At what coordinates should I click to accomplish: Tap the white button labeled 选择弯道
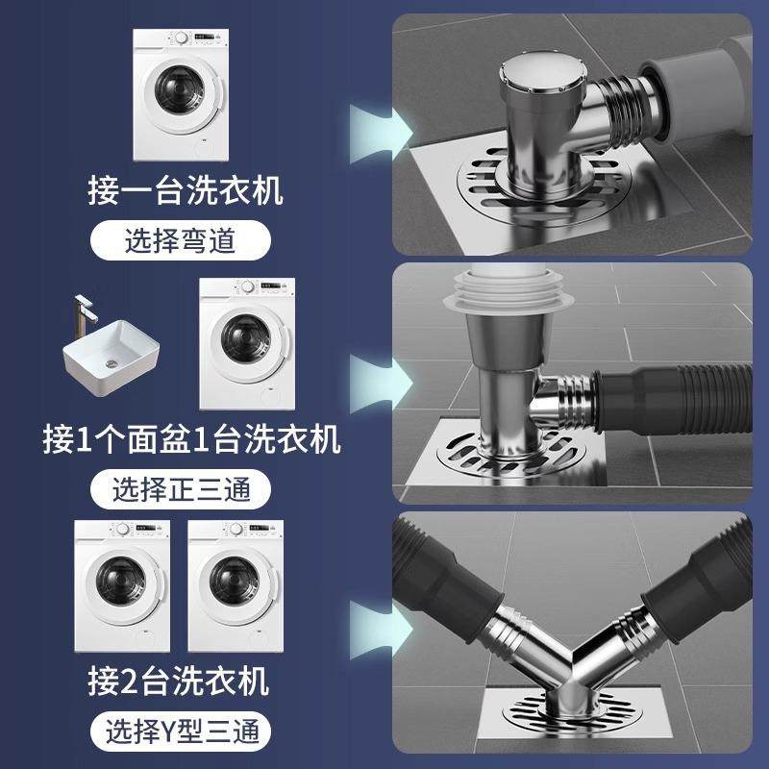click(179, 240)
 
